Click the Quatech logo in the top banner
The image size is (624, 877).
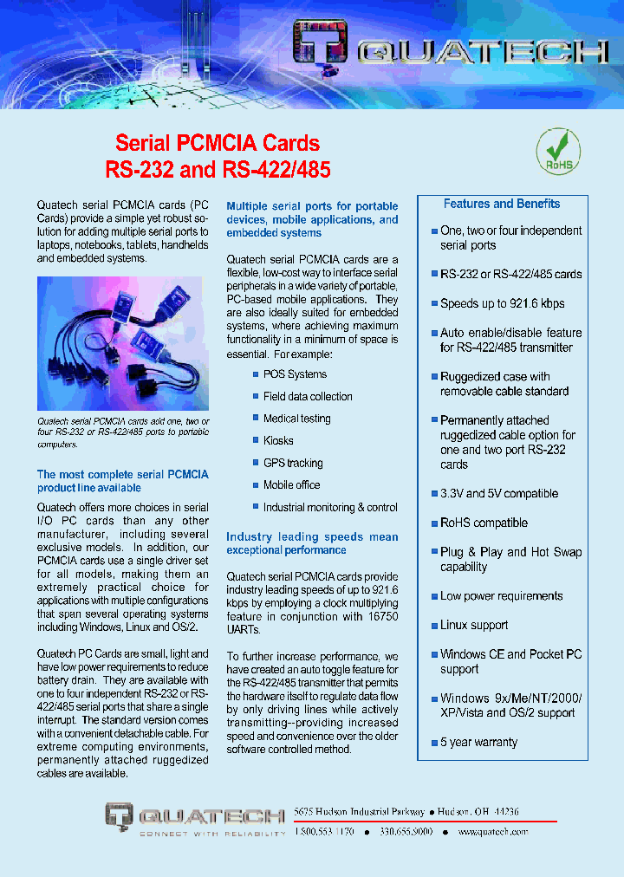pos(451,54)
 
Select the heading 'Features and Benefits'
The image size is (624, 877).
pos(502,205)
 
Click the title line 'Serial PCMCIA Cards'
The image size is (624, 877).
pos(218,143)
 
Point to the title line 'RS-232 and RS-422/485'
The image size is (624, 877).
pos(218,169)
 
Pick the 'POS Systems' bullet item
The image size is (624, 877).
pos(295,374)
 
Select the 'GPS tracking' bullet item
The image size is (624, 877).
pos(293,464)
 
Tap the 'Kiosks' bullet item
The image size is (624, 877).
pos(278,441)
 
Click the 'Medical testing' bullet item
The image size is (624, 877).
pos(296,419)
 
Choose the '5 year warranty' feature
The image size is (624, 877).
pos(478,743)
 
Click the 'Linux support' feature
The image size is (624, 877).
pos(474,626)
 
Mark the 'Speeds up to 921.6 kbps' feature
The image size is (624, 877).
pos(502,304)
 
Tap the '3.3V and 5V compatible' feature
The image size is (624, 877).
pos(498,494)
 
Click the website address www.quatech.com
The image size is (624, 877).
pos(493,832)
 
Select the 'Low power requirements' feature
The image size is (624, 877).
pos(501,596)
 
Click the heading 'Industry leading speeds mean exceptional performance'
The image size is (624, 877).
pos(312,543)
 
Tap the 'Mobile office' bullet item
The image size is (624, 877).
pos(291,485)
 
